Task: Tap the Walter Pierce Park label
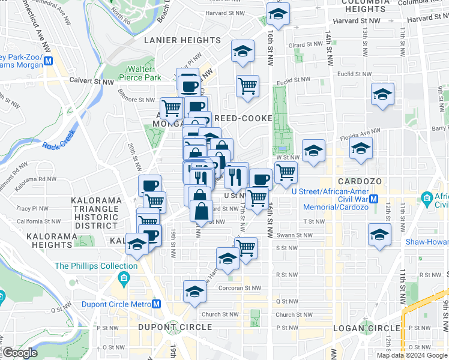(x=139, y=73)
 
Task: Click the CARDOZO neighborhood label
(x=356, y=181)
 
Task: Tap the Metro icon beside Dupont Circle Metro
(x=157, y=304)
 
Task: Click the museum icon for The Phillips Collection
(x=124, y=278)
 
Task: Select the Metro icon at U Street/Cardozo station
(x=374, y=199)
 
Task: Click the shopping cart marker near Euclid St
(x=247, y=86)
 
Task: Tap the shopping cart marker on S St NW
(x=246, y=247)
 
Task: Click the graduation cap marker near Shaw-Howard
(x=380, y=235)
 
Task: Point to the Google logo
(x=20, y=353)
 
